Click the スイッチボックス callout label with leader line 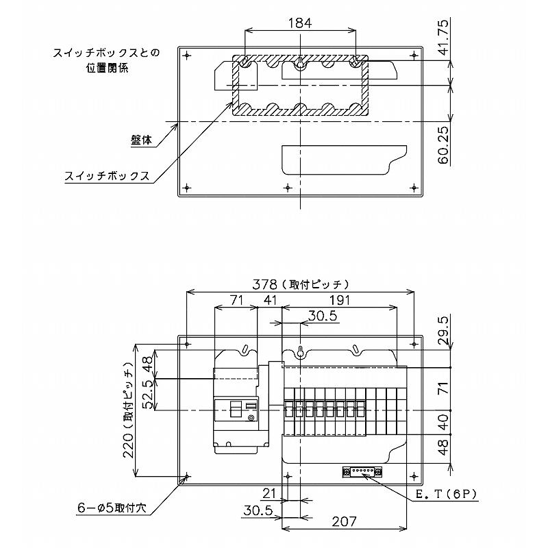coord(107,176)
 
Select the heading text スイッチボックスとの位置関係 coord(105,60)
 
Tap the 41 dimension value coord(270,300)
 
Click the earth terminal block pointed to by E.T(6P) coord(362,472)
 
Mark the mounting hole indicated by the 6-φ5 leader coord(187,475)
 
